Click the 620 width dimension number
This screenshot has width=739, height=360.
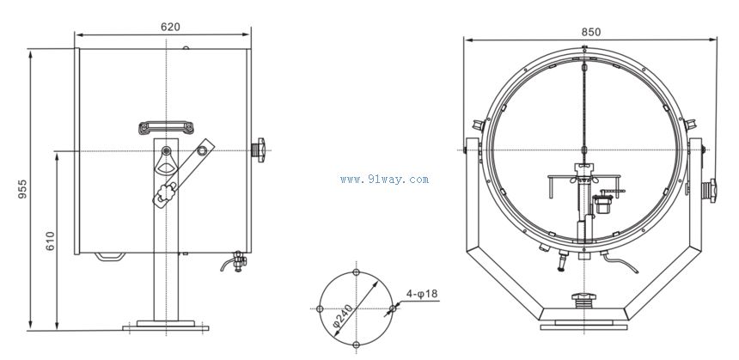coord(170,27)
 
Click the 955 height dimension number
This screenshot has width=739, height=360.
coord(22,188)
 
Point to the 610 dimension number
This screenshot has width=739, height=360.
coord(50,241)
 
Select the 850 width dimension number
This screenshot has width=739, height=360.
coord(590,32)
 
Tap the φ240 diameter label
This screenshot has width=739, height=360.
coord(343,315)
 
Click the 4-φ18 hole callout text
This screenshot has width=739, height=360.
coord(422,294)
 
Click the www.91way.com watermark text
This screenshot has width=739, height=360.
coord(384,179)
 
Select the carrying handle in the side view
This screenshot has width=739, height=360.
coord(166,127)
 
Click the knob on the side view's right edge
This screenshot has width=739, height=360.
coord(259,149)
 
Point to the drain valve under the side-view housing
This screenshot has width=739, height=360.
coord(235,261)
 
